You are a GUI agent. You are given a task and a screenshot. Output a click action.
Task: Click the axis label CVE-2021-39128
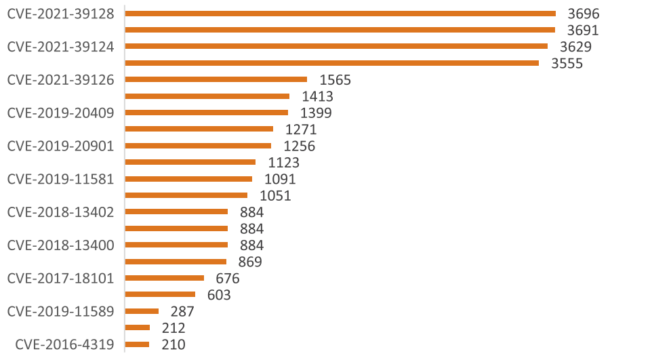point(60,13)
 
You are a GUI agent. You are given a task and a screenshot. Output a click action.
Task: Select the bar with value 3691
point(340,30)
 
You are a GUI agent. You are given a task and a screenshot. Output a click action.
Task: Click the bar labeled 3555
point(332,63)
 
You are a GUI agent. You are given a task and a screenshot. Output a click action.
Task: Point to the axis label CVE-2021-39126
point(60,79)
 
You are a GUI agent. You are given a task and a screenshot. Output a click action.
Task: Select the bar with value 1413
point(207,96)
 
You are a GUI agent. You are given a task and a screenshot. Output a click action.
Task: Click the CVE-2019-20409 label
point(60,113)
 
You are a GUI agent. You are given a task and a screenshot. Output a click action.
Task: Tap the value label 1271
point(301,129)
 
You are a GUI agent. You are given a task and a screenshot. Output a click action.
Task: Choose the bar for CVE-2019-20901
point(199,146)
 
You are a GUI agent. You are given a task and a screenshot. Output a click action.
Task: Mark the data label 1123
point(283,163)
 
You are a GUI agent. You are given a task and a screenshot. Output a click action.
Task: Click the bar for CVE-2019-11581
point(189,179)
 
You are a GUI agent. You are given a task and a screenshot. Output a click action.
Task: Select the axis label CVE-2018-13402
point(60,212)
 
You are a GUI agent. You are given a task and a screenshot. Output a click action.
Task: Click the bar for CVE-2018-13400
point(177,245)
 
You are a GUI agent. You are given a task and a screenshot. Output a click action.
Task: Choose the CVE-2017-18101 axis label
point(60,278)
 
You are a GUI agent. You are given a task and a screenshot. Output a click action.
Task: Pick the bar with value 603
point(161,294)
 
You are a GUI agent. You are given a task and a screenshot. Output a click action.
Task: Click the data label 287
point(182,312)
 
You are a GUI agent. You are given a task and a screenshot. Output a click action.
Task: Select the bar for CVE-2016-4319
point(138,344)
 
